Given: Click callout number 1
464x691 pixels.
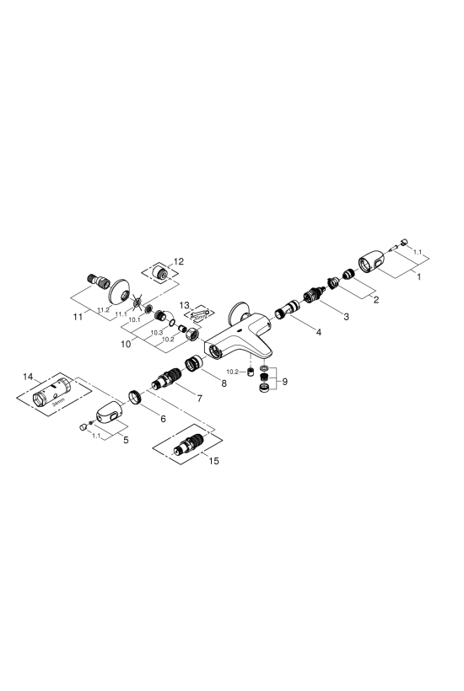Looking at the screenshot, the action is [x=418, y=276].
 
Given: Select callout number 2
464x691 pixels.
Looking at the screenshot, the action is [x=375, y=300].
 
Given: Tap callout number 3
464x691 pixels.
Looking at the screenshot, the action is [x=346, y=316].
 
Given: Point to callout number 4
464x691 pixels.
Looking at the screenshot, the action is [x=318, y=332].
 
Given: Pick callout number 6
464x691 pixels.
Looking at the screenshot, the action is [x=163, y=419].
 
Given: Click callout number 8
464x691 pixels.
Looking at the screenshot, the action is [x=224, y=383].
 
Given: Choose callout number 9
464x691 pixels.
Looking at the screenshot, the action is [x=284, y=381].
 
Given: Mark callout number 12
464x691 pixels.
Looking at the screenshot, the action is [x=179, y=261].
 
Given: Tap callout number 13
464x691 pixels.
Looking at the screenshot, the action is [x=185, y=305].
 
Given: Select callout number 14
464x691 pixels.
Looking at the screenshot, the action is [x=28, y=377].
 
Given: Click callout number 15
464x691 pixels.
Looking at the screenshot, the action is [x=214, y=461].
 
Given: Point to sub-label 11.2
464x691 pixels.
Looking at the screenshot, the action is [x=104, y=310].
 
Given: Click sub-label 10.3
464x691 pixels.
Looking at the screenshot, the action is [x=157, y=333].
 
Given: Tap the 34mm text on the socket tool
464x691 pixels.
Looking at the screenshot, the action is [x=58, y=402].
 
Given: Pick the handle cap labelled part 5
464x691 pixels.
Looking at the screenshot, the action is [x=110, y=412].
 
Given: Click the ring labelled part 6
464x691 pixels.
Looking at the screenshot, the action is [x=134, y=396].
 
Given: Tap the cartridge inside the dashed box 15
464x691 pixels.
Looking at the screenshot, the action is [x=188, y=443].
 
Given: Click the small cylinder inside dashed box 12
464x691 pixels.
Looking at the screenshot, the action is [x=159, y=272].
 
